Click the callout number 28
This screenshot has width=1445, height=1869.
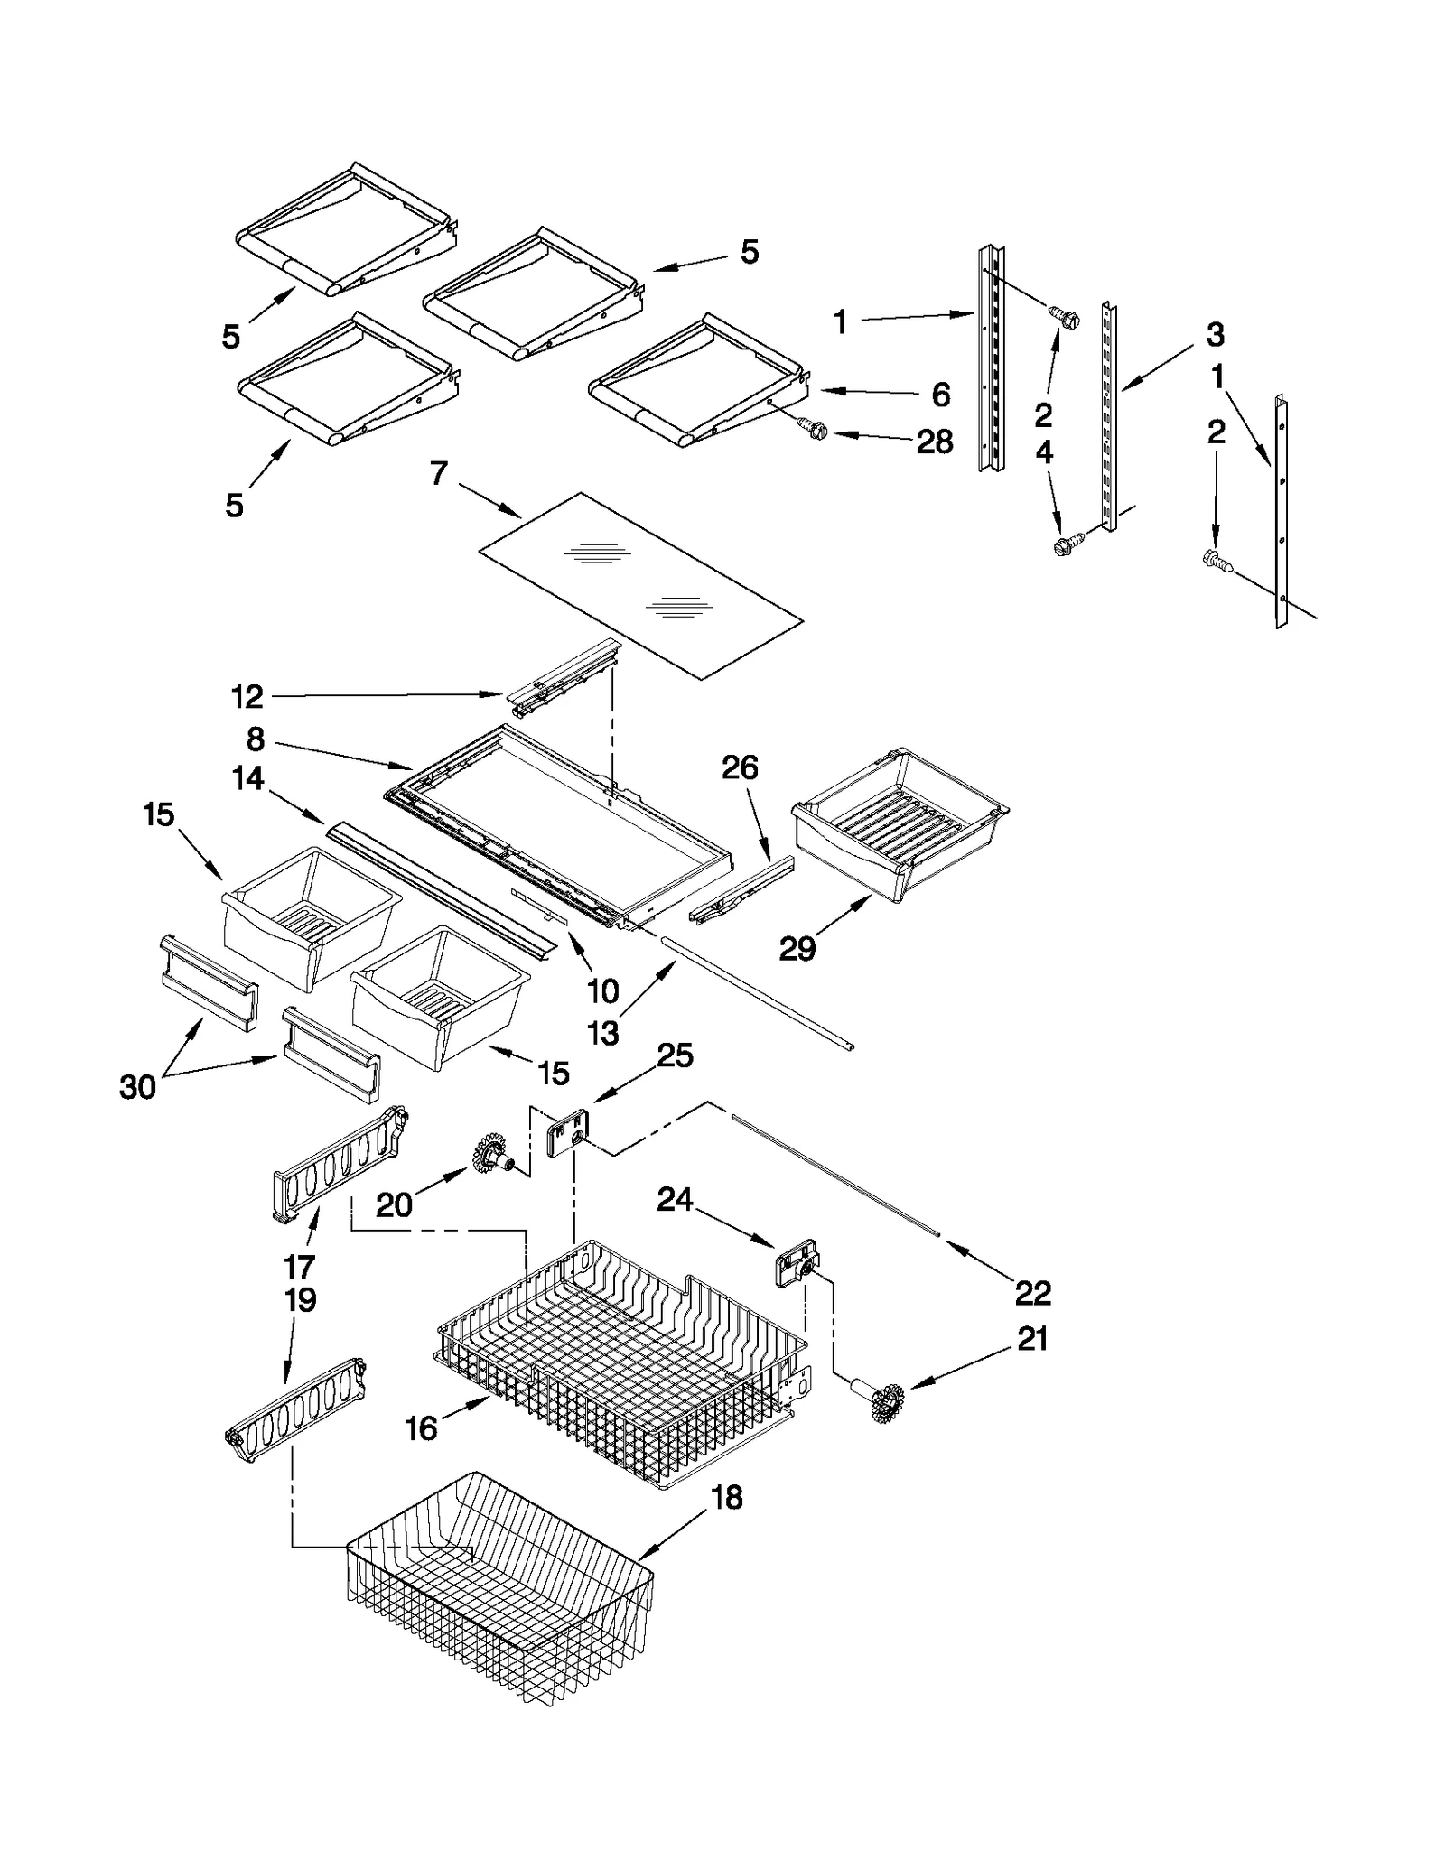934,442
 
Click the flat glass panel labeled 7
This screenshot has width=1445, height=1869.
639,585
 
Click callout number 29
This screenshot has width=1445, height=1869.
797,949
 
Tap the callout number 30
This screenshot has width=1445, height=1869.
137,1087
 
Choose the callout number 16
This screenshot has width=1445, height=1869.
421,1429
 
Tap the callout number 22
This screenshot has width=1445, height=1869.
1032,1293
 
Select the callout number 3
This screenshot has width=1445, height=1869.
1215,335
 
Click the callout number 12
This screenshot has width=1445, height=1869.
247,696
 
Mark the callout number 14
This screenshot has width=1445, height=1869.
248,778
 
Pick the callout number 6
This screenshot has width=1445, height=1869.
940,395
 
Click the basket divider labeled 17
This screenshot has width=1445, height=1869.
340,1167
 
